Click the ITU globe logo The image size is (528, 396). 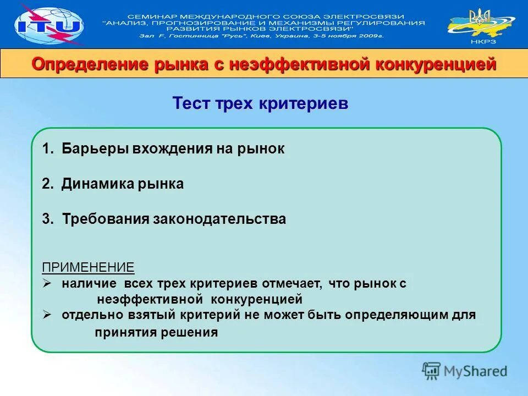pyautogui.click(x=48, y=24)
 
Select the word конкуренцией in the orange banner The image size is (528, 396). pyautogui.click(x=436, y=64)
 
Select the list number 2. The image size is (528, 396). pyautogui.click(x=47, y=184)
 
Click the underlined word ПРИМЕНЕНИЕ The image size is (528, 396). pyautogui.click(x=88, y=268)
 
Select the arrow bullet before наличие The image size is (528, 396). pyautogui.click(x=47, y=283)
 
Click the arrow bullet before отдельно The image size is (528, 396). pyautogui.click(x=47, y=315)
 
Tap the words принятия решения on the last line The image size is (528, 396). pyautogui.click(x=156, y=332)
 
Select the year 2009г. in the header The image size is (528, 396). pyautogui.click(x=372, y=36)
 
